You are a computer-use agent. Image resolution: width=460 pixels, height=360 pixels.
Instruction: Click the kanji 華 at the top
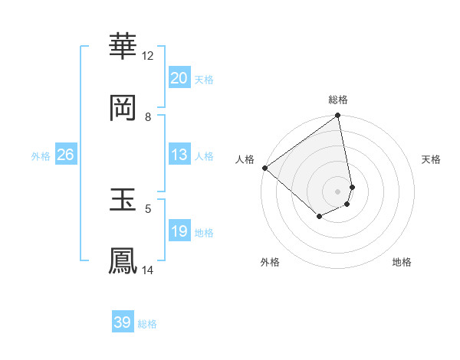(123, 47)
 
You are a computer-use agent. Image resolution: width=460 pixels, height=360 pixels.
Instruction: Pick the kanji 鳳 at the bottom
(123, 260)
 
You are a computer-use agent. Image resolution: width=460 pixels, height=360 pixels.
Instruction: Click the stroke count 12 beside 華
(148, 55)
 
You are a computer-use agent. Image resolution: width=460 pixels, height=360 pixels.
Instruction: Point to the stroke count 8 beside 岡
(148, 116)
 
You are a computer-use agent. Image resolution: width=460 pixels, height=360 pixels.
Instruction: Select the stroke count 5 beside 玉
(148, 208)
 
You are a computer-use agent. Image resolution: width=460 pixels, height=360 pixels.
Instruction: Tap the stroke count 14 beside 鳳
(148, 270)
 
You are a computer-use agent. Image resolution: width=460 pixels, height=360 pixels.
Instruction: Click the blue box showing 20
(179, 78)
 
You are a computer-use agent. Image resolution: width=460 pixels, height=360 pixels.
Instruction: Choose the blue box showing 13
(179, 155)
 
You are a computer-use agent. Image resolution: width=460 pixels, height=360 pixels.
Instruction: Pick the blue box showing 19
(179, 231)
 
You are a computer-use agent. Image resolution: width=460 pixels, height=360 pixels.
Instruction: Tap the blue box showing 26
(65, 155)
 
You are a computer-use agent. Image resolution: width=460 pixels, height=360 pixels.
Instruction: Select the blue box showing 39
(123, 322)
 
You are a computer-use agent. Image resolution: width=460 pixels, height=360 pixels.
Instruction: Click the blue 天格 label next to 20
(204, 80)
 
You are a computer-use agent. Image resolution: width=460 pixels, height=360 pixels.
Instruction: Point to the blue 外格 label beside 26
(41, 156)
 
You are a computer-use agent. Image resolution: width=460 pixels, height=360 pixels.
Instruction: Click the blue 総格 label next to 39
(147, 324)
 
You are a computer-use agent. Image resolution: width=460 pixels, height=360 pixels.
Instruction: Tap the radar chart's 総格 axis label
(338, 100)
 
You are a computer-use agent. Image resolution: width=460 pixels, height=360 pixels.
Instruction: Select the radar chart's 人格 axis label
(245, 159)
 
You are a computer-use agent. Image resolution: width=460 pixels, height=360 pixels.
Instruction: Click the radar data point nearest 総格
(337, 116)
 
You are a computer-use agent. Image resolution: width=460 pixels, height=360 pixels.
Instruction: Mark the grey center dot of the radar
(337, 191)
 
